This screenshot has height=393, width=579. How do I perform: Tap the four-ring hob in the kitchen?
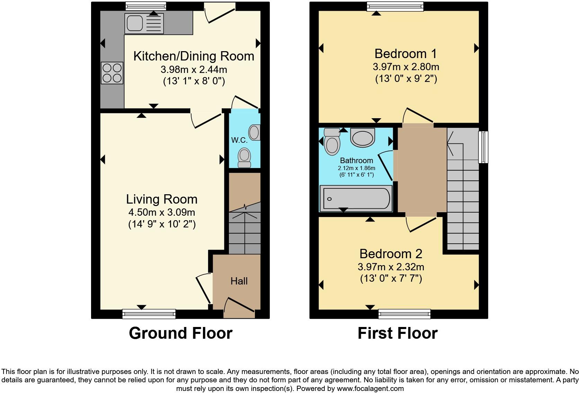(112, 73)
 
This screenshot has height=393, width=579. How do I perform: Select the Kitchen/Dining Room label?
(194, 56)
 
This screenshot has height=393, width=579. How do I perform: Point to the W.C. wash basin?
(255, 133)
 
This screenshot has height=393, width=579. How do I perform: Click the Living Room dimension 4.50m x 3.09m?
(162, 212)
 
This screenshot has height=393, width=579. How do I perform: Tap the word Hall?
(239, 281)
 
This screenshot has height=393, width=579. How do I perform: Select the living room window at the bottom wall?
(149, 314)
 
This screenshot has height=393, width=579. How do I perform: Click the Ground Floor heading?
(180, 333)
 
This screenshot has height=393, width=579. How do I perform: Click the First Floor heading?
(398, 333)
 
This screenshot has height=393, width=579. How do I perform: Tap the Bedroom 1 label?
(406, 54)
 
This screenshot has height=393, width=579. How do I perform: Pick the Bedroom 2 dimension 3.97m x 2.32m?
(391, 267)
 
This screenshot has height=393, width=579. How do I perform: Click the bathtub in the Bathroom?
(356, 199)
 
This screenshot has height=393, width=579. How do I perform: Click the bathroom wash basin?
(363, 137)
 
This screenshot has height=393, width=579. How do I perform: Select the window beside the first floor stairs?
(483, 147)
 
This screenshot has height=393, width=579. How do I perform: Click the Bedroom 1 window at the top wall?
(395, 6)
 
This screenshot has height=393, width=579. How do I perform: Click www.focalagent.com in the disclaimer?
(370, 389)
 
